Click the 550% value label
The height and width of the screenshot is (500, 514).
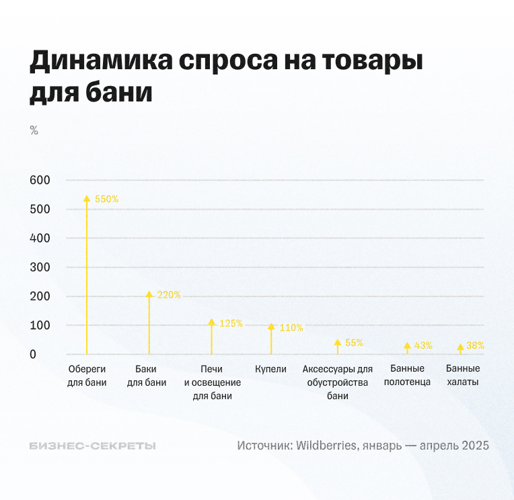tap(106, 199)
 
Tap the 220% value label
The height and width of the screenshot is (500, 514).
tap(168, 295)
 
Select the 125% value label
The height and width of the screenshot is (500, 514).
tap(231, 323)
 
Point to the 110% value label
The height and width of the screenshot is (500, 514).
tap(291, 328)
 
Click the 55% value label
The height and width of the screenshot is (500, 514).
tap(354, 343)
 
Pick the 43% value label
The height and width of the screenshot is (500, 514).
tap(423, 345)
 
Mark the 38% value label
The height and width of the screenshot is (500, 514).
tap(475, 345)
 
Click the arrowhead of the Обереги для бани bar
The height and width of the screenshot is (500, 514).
tap(86, 199)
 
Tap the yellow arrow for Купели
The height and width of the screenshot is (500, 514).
tap(271, 339)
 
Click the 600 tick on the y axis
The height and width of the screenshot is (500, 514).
tap(40, 180)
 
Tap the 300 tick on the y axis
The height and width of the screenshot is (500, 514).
tap(40, 267)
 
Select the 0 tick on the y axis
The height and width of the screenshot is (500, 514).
tap(32, 354)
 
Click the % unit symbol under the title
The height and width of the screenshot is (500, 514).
tap(34, 130)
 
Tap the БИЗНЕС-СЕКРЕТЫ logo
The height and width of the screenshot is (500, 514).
tap(92, 446)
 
